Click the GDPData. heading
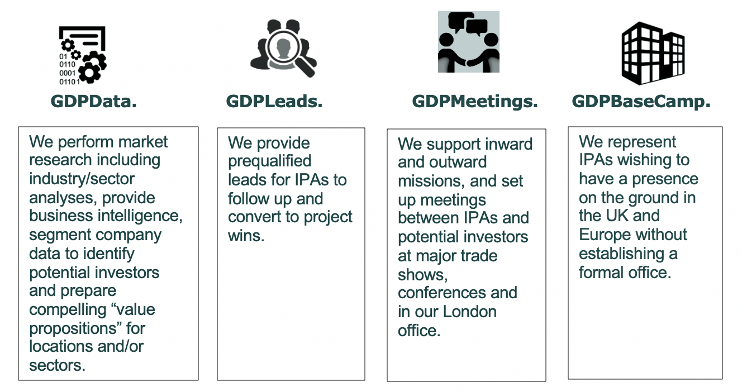tap(93, 101)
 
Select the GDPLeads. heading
tap(274, 101)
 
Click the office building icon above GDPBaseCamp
tap(653, 53)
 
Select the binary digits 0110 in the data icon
tap(67, 64)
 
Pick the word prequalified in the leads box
tap(270, 161)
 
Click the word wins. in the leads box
tap(246, 236)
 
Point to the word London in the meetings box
tap(470, 312)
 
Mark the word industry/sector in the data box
tap(82, 179)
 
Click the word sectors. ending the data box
tap(58, 366)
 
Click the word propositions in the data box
tap(75, 329)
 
